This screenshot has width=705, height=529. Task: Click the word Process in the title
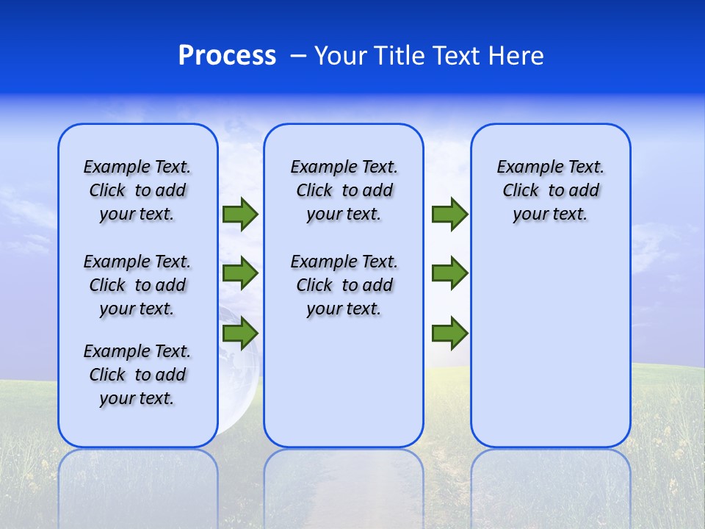pyautogui.click(x=227, y=56)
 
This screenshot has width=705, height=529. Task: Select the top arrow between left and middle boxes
pyautogui.click(x=240, y=215)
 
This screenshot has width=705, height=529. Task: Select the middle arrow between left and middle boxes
pyautogui.click(x=240, y=273)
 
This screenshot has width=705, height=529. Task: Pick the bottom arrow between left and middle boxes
pyautogui.click(x=240, y=334)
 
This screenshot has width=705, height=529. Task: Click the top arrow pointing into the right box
pyautogui.click(x=449, y=215)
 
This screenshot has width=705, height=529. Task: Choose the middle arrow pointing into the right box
pyautogui.click(x=449, y=273)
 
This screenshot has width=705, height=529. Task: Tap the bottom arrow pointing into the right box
pyautogui.click(x=449, y=334)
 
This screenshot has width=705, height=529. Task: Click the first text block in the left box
pyautogui.click(x=137, y=190)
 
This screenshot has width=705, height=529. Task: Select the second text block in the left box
pyautogui.click(x=137, y=285)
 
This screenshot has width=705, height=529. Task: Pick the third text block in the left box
pyautogui.click(x=137, y=375)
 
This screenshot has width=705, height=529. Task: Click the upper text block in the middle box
pyautogui.click(x=344, y=190)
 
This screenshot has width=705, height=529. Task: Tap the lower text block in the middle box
pyautogui.click(x=344, y=285)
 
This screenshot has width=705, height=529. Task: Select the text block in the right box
pyautogui.click(x=550, y=190)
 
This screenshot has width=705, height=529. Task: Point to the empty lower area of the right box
pyautogui.click(x=550, y=345)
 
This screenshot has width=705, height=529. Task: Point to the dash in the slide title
pyautogui.click(x=298, y=57)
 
